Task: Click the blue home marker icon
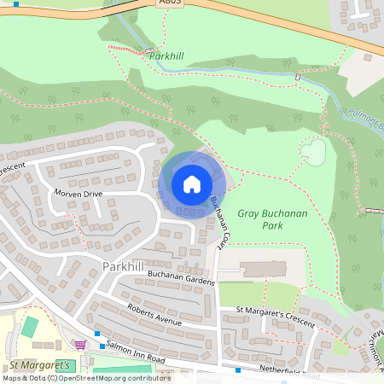point(192,184)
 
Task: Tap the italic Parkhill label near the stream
point(167,56)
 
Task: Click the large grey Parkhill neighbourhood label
point(122,266)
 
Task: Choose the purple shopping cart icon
point(81,344)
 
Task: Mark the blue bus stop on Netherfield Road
point(237,371)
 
